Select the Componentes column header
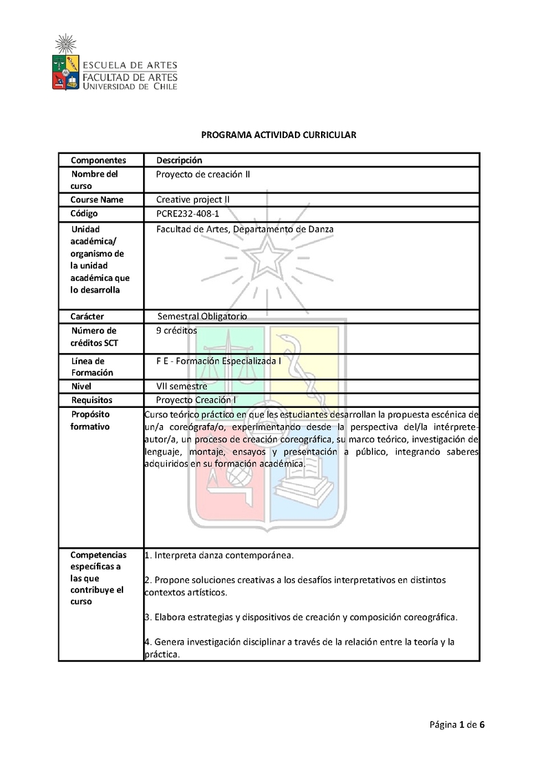click(98, 160)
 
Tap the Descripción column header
click(179, 160)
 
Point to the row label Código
click(85, 214)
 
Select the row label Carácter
click(87, 317)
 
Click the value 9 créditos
click(176, 330)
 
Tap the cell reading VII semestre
click(181, 387)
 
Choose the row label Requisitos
click(91, 400)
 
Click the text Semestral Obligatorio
click(202, 317)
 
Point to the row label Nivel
click(81, 387)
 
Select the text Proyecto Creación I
click(197, 400)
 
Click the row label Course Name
click(97, 200)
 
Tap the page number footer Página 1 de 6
click(458, 724)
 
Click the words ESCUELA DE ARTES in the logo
click(131, 66)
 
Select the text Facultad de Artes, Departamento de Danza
click(245, 229)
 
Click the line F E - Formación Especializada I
click(219, 360)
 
